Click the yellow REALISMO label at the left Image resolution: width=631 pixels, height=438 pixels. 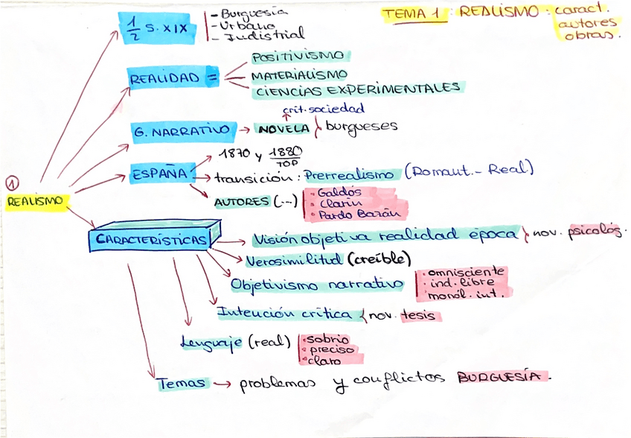35,201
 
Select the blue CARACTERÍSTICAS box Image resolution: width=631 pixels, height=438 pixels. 152,240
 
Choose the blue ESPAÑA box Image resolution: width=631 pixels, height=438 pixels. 158,174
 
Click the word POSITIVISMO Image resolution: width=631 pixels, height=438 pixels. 297,57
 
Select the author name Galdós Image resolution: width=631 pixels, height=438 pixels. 339,192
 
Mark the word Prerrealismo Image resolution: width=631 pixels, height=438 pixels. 349,176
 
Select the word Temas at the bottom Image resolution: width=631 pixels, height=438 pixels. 181,384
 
